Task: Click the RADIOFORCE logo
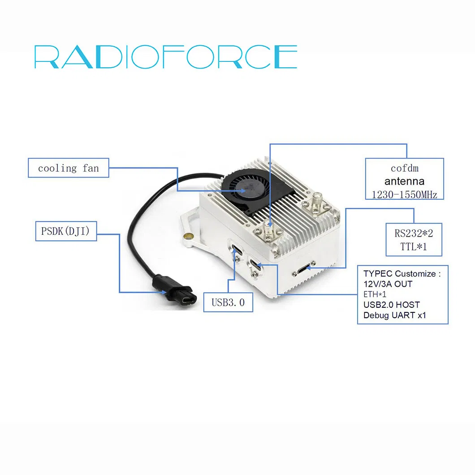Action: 166,57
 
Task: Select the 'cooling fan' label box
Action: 68,168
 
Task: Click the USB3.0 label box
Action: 228,302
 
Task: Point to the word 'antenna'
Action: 404,181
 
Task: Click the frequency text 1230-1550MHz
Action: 404,194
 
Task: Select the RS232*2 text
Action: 414,233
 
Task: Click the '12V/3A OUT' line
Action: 388,284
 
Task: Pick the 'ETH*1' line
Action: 376,294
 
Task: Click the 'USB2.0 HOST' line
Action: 391,305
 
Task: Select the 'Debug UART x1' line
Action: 394,315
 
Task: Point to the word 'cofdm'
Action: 404,168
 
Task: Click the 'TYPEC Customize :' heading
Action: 402,274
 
